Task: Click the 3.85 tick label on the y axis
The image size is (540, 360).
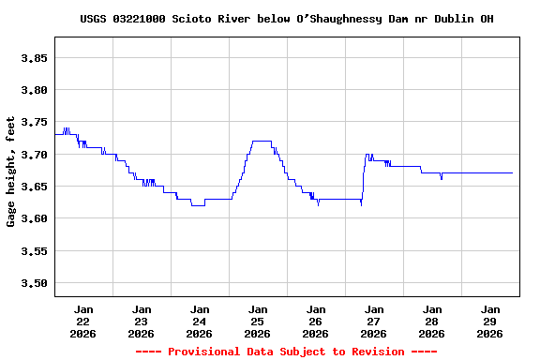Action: pyautogui.click(x=34, y=58)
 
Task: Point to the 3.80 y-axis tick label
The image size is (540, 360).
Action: pyautogui.click(x=34, y=90)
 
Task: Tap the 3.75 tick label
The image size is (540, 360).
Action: pyautogui.click(x=34, y=122)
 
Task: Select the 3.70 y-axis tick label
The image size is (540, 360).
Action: pyautogui.click(x=34, y=155)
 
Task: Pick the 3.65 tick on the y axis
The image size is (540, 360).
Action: pyautogui.click(x=34, y=187)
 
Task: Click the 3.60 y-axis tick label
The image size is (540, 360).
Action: pyautogui.click(x=34, y=218)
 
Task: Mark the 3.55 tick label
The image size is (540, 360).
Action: pyautogui.click(x=34, y=251)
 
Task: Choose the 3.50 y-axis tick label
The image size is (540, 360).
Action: pyautogui.click(x=34, y=283)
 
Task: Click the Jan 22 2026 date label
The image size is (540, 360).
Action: pyautogui.click(x=83, y=321)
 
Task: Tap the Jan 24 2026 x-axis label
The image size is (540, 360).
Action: pyautogui.click(x=200, y=321)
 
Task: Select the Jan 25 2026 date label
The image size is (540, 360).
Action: pyautogui.click(x=258, y=321)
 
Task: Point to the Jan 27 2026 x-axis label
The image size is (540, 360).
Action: pyautogui.click(x=374, y=321)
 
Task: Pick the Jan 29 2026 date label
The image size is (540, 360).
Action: pyautogui.click(x=490, y=321)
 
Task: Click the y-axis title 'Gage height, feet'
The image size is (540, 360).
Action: pyautogui.click(x=11, y=172)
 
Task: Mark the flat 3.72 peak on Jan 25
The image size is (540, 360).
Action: pyautogui.click(x=262, y=141)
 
